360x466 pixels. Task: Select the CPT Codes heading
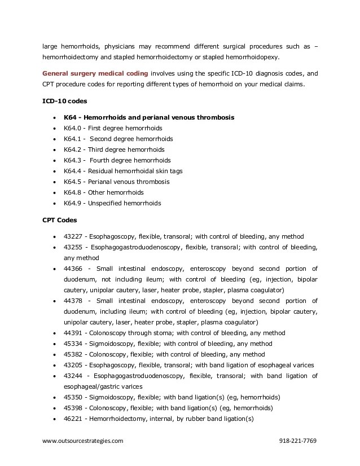[60, 219]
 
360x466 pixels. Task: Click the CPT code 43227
[73, 236]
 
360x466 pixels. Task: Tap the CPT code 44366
[73, 269]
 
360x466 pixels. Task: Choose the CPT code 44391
[73, 333]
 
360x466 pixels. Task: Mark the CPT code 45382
[73, 354]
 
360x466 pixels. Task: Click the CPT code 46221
[73, 419]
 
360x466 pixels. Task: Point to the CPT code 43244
[73, 376]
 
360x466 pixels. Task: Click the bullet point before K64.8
[53, 192]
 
